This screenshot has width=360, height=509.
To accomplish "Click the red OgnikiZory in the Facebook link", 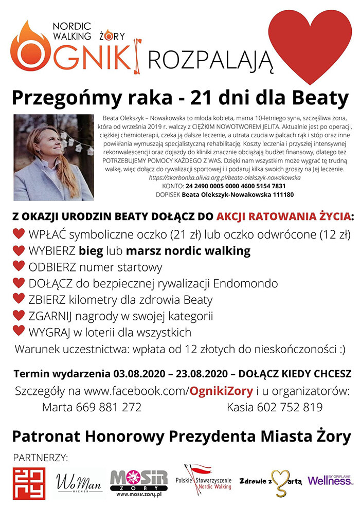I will [x=221, y=391].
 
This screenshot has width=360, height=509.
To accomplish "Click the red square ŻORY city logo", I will [x=29, y=484].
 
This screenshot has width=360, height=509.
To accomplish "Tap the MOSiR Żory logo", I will [x=139, y=483].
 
